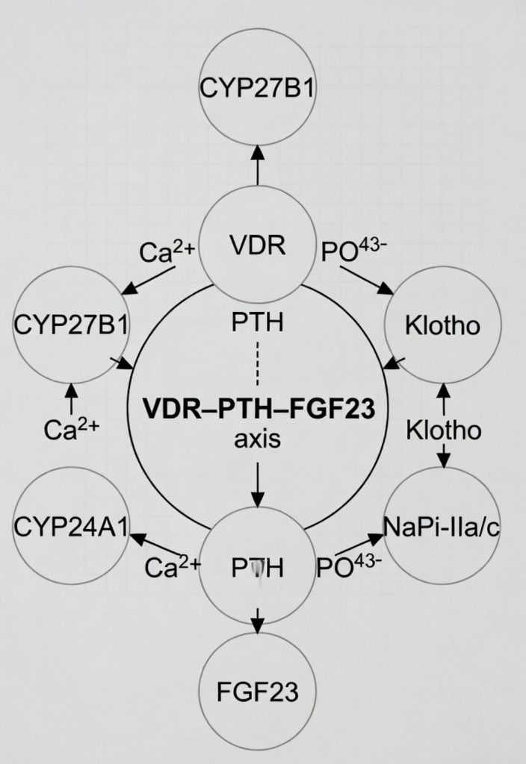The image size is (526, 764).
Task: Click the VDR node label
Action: [x=257, y=246]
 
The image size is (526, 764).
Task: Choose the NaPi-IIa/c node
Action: [x=441, y=527]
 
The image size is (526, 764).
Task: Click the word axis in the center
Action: [x=258, y=439]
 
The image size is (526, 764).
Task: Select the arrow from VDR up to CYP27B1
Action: [x=258, y=164]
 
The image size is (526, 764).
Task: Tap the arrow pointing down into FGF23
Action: [x=258, y=616]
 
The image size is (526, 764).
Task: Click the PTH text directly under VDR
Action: [x=258, y=325]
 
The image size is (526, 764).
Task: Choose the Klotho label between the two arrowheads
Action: [x=443, y=430]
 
